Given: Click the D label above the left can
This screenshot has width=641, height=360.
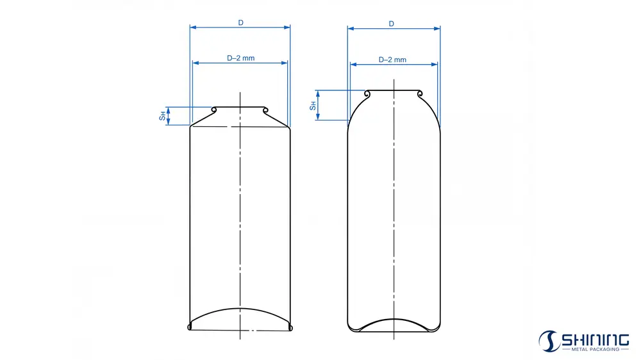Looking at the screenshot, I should [240, 22].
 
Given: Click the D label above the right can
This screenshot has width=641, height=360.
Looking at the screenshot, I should [391, 24].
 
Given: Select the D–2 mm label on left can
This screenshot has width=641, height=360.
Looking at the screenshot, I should [240, 58].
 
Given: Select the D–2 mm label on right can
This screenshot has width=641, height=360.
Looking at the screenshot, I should [392, 60].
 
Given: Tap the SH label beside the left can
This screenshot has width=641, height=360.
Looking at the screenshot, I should [162, 116].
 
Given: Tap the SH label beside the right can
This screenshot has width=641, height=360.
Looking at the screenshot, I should [312, 105].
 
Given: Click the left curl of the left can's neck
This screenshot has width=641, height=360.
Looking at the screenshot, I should [214, 110].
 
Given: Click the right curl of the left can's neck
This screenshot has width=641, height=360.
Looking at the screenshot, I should [264, 110].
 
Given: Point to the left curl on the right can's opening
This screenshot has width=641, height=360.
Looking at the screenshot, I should [367, 95].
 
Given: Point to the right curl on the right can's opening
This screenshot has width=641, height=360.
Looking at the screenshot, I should [420, 95].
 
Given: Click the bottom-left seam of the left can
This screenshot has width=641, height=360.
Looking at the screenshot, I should [190, 327].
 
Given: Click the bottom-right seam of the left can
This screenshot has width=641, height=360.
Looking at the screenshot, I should [291, 327].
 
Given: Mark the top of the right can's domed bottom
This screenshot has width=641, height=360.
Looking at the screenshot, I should [394, 318].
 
